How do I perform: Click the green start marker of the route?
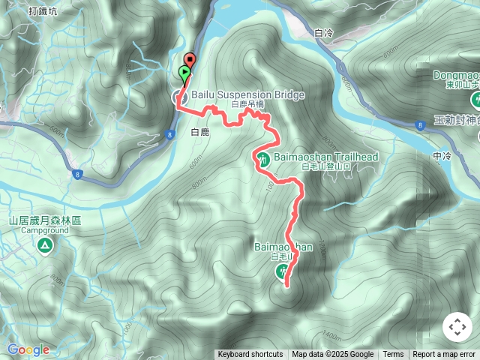coord(184,73)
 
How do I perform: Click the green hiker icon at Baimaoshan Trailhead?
coord(263,159)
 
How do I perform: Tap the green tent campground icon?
coord(45,245)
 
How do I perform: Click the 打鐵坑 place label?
coord(43,10)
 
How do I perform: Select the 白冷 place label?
coord(324,33)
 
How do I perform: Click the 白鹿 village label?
coord(199,132)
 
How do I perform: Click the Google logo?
coord(28,349)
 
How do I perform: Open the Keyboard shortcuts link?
coord(250,355)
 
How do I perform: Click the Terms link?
coord(393,355)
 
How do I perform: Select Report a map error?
coord(445,355)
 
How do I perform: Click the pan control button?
coord(457,327)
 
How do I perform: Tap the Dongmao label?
coord(457,75)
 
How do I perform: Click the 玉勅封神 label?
coord(457,120)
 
